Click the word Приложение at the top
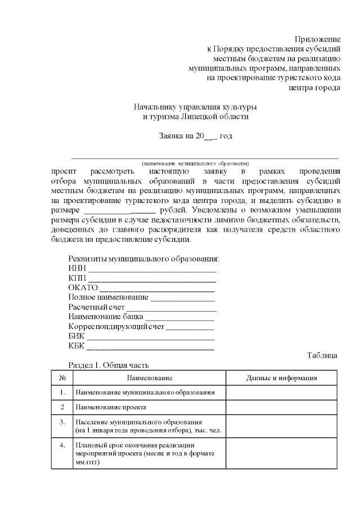318,39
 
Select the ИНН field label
77,268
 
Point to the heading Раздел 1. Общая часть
109,365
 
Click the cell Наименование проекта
111,406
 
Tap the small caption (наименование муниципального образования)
195,163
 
